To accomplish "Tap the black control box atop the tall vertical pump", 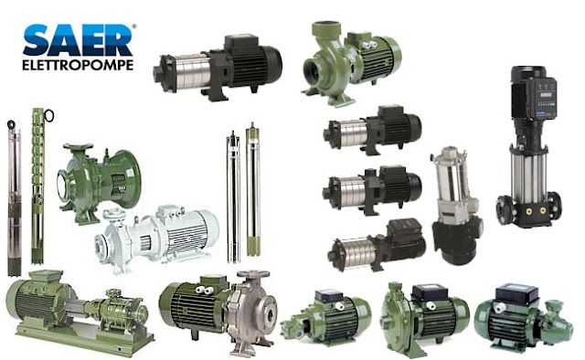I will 534,90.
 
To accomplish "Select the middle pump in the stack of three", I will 375,187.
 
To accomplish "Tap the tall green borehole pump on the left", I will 37,183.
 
